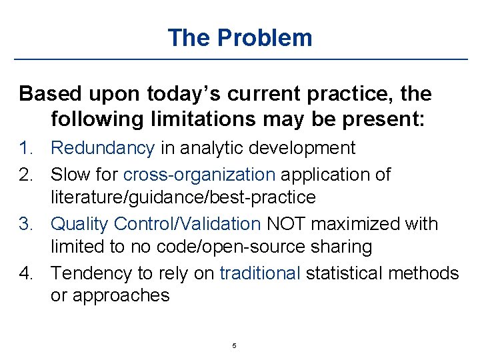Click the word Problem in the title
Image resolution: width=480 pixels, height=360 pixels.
click(x=265, y=38)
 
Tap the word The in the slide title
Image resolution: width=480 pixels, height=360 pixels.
click(x=189, y=38)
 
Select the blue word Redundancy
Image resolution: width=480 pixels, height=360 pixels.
click(x=103, y=148)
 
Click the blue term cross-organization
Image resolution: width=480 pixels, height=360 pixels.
click(x=199, y=175)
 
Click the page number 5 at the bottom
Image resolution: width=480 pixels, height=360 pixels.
click(x=234, y=346)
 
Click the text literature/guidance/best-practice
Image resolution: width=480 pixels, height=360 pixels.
click(x=183, y=198)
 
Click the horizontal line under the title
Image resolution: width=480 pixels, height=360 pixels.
click(x=240, y=60)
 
